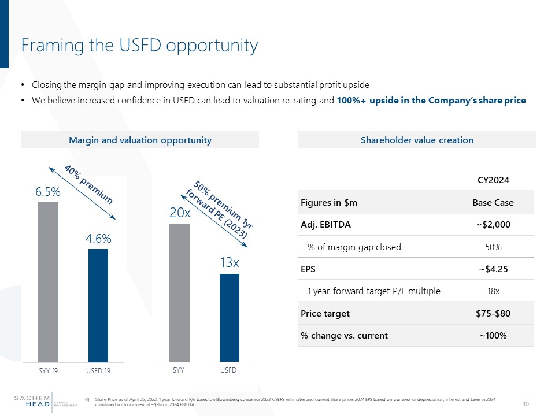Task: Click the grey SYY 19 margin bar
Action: [48, 281]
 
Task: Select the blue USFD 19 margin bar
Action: [98, 305]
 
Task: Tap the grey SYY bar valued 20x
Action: [179, 292]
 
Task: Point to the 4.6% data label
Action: [99, 239]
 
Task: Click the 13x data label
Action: [230, 263]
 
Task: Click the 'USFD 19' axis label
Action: [99, 370]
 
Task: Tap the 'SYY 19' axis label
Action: [49, 370]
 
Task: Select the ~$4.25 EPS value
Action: [493, 269]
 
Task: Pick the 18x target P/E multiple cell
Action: [493, 291]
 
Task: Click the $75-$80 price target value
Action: [493, 313]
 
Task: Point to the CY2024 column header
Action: [493, 181]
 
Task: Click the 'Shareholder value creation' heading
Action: [417, 140]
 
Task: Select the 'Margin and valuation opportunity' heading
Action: [140, 140]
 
